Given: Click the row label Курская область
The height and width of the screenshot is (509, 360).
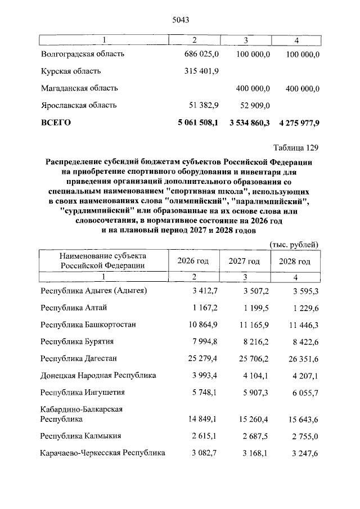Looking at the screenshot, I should tap(71, 71).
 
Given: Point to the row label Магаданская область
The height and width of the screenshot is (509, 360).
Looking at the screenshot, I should tap(79, 88).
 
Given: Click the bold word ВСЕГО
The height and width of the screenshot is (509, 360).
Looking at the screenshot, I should tap(56, 122).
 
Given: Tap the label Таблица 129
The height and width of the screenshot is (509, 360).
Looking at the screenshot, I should tap(296, 148).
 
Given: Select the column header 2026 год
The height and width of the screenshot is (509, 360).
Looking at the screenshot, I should tap(193, 262).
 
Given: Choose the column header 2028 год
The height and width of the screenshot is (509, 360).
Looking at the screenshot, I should tap(295, 262).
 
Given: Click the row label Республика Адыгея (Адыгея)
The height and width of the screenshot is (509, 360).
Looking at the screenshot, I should tap(94, 291).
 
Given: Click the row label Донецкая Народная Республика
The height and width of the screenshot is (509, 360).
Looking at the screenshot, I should tap(98, 375).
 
